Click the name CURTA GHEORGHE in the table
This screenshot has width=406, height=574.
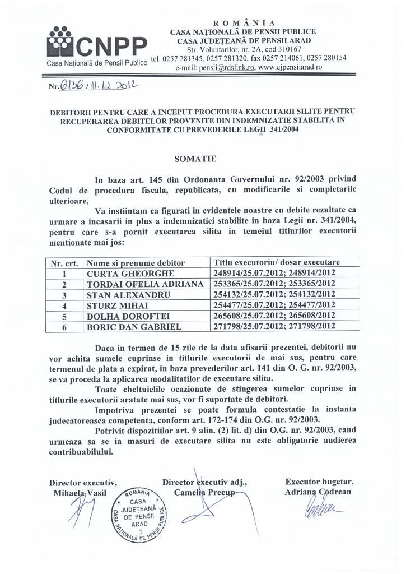point(130,273)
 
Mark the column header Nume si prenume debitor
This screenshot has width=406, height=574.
point(135,262)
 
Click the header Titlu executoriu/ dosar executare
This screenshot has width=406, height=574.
point(277,262)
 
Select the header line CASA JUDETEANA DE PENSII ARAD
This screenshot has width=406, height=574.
point(244,40)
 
